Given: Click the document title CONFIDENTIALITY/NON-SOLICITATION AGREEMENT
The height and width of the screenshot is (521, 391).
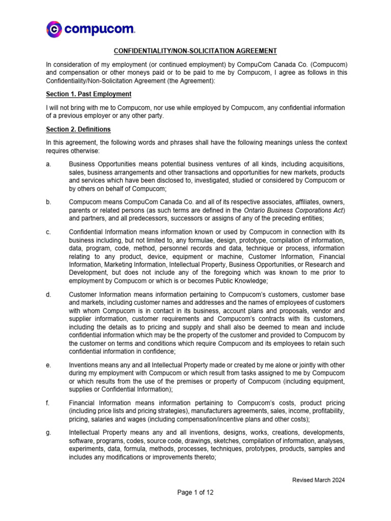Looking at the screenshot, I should click(195, 51).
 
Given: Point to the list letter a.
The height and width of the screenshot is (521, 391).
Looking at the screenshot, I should click(48, 164).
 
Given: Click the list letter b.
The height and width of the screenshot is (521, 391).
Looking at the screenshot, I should click(48, 202).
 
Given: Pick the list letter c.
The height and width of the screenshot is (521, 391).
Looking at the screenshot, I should click(48, 233).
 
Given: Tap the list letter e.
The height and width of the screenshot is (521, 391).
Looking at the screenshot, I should click(48, 365).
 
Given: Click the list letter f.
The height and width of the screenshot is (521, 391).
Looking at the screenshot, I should click(47, 403).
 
